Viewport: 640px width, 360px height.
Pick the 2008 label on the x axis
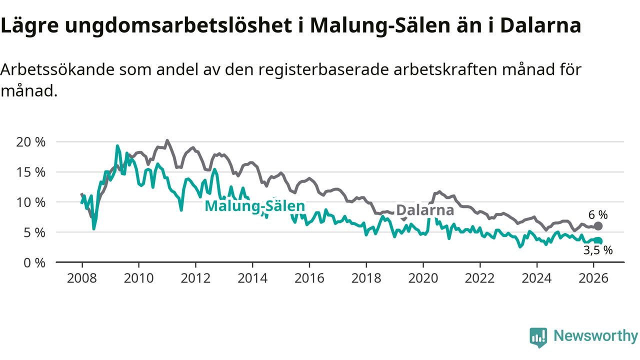point(82,278)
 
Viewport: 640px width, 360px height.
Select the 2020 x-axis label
point(423,278)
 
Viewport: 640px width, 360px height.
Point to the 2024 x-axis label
point(536,278)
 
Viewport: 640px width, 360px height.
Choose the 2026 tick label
point(593,278)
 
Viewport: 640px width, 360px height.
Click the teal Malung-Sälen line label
point(254,206)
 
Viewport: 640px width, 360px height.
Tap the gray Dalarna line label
point(425,210)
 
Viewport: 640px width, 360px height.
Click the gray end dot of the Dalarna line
point(598,226)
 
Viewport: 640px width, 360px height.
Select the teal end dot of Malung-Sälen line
point(598,241)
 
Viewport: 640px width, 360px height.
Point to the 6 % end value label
point(598,215)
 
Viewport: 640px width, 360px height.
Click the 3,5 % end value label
point(598,251)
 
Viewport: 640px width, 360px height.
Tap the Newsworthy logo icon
point(538,337)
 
